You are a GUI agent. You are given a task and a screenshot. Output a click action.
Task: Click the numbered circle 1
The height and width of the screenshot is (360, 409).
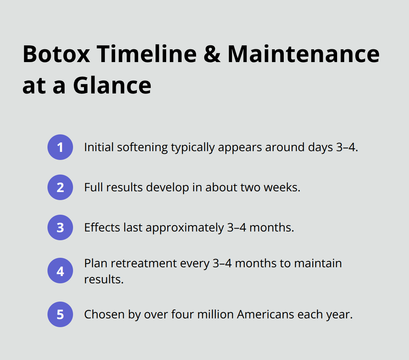tap(60, 147)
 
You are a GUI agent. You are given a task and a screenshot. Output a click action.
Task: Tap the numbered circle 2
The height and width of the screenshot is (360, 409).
tap(60, 187)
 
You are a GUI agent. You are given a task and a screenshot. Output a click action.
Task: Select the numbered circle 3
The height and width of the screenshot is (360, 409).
tap(60, 227)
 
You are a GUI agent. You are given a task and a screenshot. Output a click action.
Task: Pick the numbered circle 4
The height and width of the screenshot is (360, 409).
tap(60, 271)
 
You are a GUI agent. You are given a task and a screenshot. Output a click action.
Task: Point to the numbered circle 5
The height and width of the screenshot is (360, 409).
tap(60, 314)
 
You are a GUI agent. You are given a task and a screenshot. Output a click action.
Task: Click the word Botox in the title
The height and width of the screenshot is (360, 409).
tap(56, 54)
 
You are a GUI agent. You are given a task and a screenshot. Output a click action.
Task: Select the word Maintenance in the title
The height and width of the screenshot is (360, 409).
tap(303, 54)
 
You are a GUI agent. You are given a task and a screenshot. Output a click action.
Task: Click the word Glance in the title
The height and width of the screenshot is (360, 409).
tap(112, 85)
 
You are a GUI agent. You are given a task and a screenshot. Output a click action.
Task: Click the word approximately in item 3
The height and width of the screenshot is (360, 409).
tap(184, 227)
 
